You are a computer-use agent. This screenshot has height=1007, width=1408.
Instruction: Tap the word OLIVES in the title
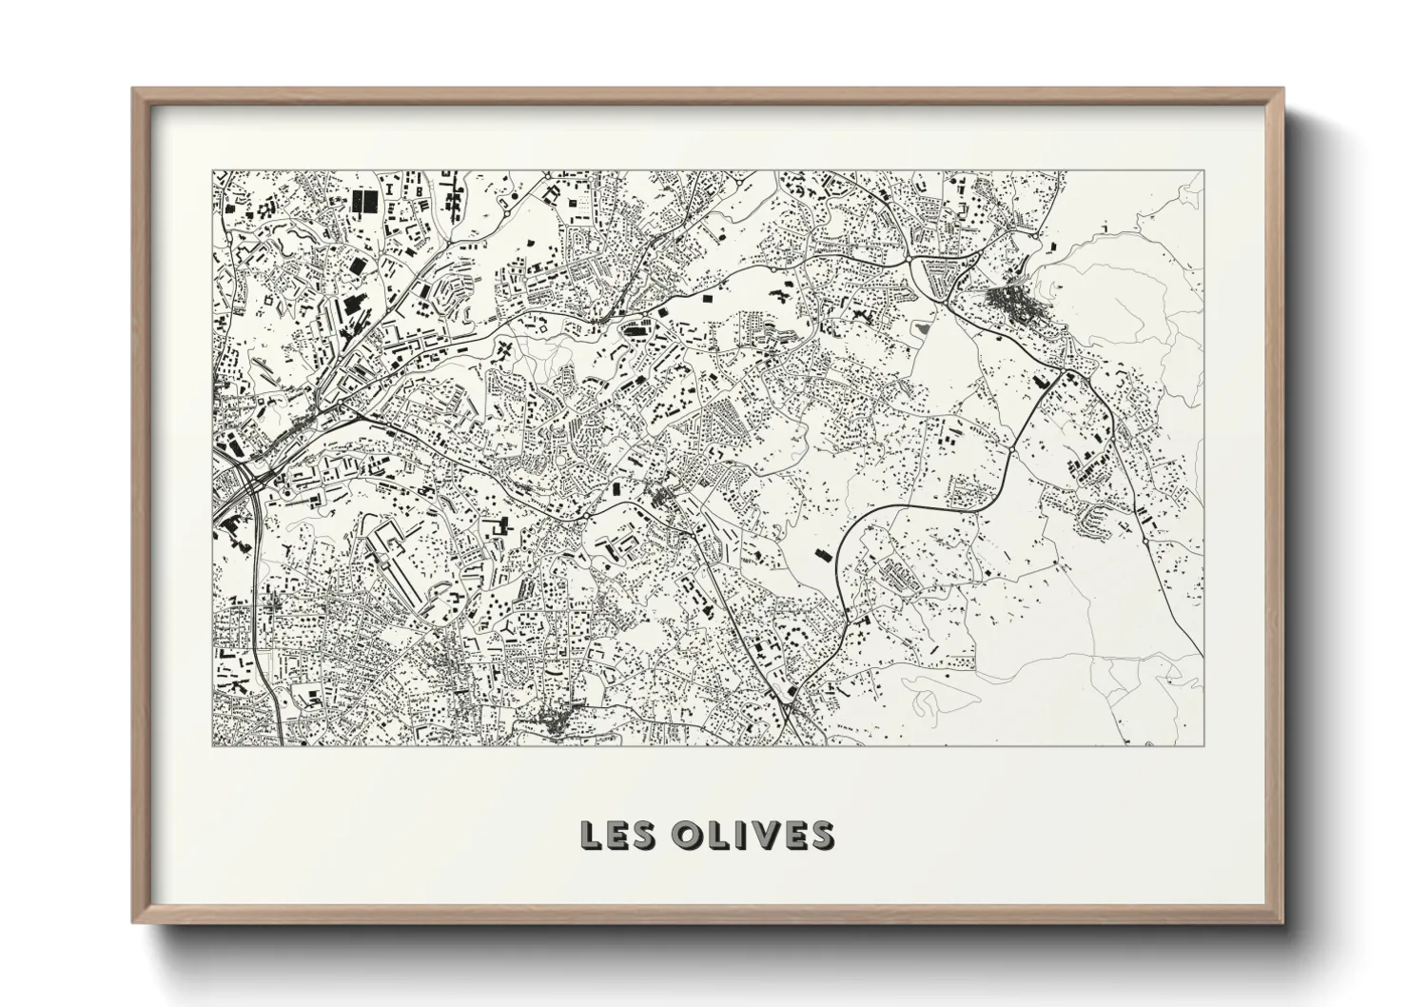(x=753, y=835)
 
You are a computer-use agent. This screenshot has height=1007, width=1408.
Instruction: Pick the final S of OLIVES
(x=819, y=835)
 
